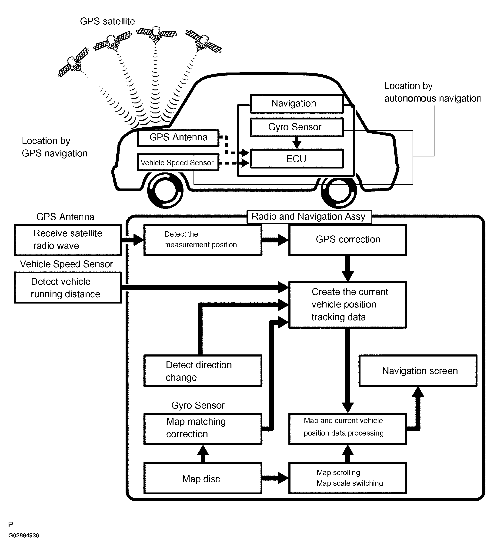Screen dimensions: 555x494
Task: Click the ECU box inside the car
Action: point(296,159)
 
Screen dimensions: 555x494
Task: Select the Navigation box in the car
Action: point(296,103)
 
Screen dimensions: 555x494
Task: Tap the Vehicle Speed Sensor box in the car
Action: point(178,163)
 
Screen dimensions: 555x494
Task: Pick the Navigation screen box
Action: point(418,371)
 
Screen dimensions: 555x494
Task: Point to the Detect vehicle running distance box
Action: point(68,288)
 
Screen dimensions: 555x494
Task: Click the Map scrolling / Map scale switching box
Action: point(347,478)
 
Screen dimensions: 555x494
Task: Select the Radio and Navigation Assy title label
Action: point(309,217)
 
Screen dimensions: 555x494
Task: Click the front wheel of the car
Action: point(165,191)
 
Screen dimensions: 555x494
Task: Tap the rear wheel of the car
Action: point(339,191)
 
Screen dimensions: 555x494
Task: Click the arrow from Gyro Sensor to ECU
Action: point(297,142)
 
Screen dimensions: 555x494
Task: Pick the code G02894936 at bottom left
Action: point(24,541)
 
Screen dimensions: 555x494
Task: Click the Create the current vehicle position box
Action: point(347,305)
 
